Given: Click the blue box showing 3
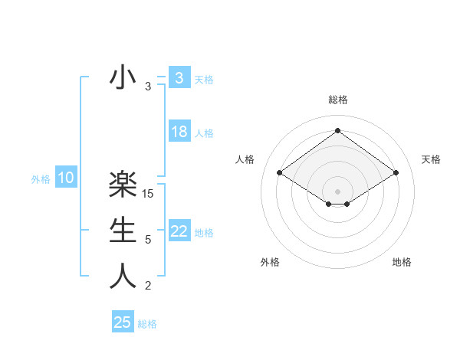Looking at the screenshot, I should point(179,78).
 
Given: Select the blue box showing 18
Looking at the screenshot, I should point(179,132).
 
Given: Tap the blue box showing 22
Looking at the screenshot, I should point(179,231).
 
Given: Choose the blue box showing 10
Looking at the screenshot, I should point(66,178).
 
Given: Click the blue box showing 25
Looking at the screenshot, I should point(123,322).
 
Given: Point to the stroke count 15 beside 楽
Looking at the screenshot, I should point(149,193).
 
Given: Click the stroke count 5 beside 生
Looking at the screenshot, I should point(148,240).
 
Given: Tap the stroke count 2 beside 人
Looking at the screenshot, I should point(148,286).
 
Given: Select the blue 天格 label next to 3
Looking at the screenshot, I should point(204,79).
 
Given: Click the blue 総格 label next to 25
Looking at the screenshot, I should point(147,324).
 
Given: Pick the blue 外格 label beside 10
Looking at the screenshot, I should point(41,179).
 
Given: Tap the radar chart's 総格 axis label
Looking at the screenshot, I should point(337,100).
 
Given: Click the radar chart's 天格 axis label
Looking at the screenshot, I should point(431,159).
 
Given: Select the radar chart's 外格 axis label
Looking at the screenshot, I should point(270,262).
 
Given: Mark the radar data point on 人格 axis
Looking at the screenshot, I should point(280,173).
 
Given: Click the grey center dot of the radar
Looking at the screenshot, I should point(337,191).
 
